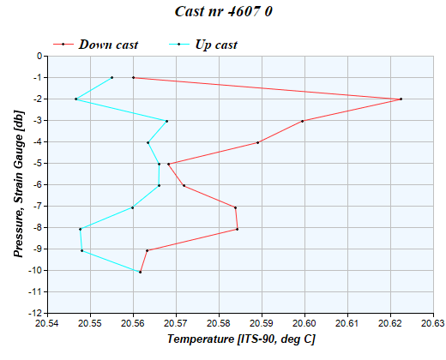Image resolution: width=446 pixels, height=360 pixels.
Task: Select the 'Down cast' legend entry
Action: (x=107, y=44)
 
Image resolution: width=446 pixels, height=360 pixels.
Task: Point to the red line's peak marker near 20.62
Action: (x=401, y=99)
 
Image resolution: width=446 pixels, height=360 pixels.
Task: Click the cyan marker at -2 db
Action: (x=76, y=99)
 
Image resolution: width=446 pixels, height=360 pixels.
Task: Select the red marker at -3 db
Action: (x=303, y=121)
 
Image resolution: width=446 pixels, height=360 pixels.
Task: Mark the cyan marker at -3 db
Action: (x=166, y=121)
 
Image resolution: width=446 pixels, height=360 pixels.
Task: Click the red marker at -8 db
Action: (x=237, y=229)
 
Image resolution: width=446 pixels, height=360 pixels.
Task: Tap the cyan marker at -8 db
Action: (x=81, y=229)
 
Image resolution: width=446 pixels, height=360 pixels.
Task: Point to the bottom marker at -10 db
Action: (x=140, y=272)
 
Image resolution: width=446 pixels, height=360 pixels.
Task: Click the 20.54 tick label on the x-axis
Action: (x=47, y=324)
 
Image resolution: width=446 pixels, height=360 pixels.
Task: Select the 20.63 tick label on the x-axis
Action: (x=433, y=324)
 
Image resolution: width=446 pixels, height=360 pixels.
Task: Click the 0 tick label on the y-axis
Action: (x=39, y=57)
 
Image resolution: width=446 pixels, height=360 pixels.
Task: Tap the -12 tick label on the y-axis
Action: (x=35, y=314)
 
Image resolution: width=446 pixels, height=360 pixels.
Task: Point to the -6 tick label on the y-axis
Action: (x=37, y=185)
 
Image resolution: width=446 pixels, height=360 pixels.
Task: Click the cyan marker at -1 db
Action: (x=111, y=78)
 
